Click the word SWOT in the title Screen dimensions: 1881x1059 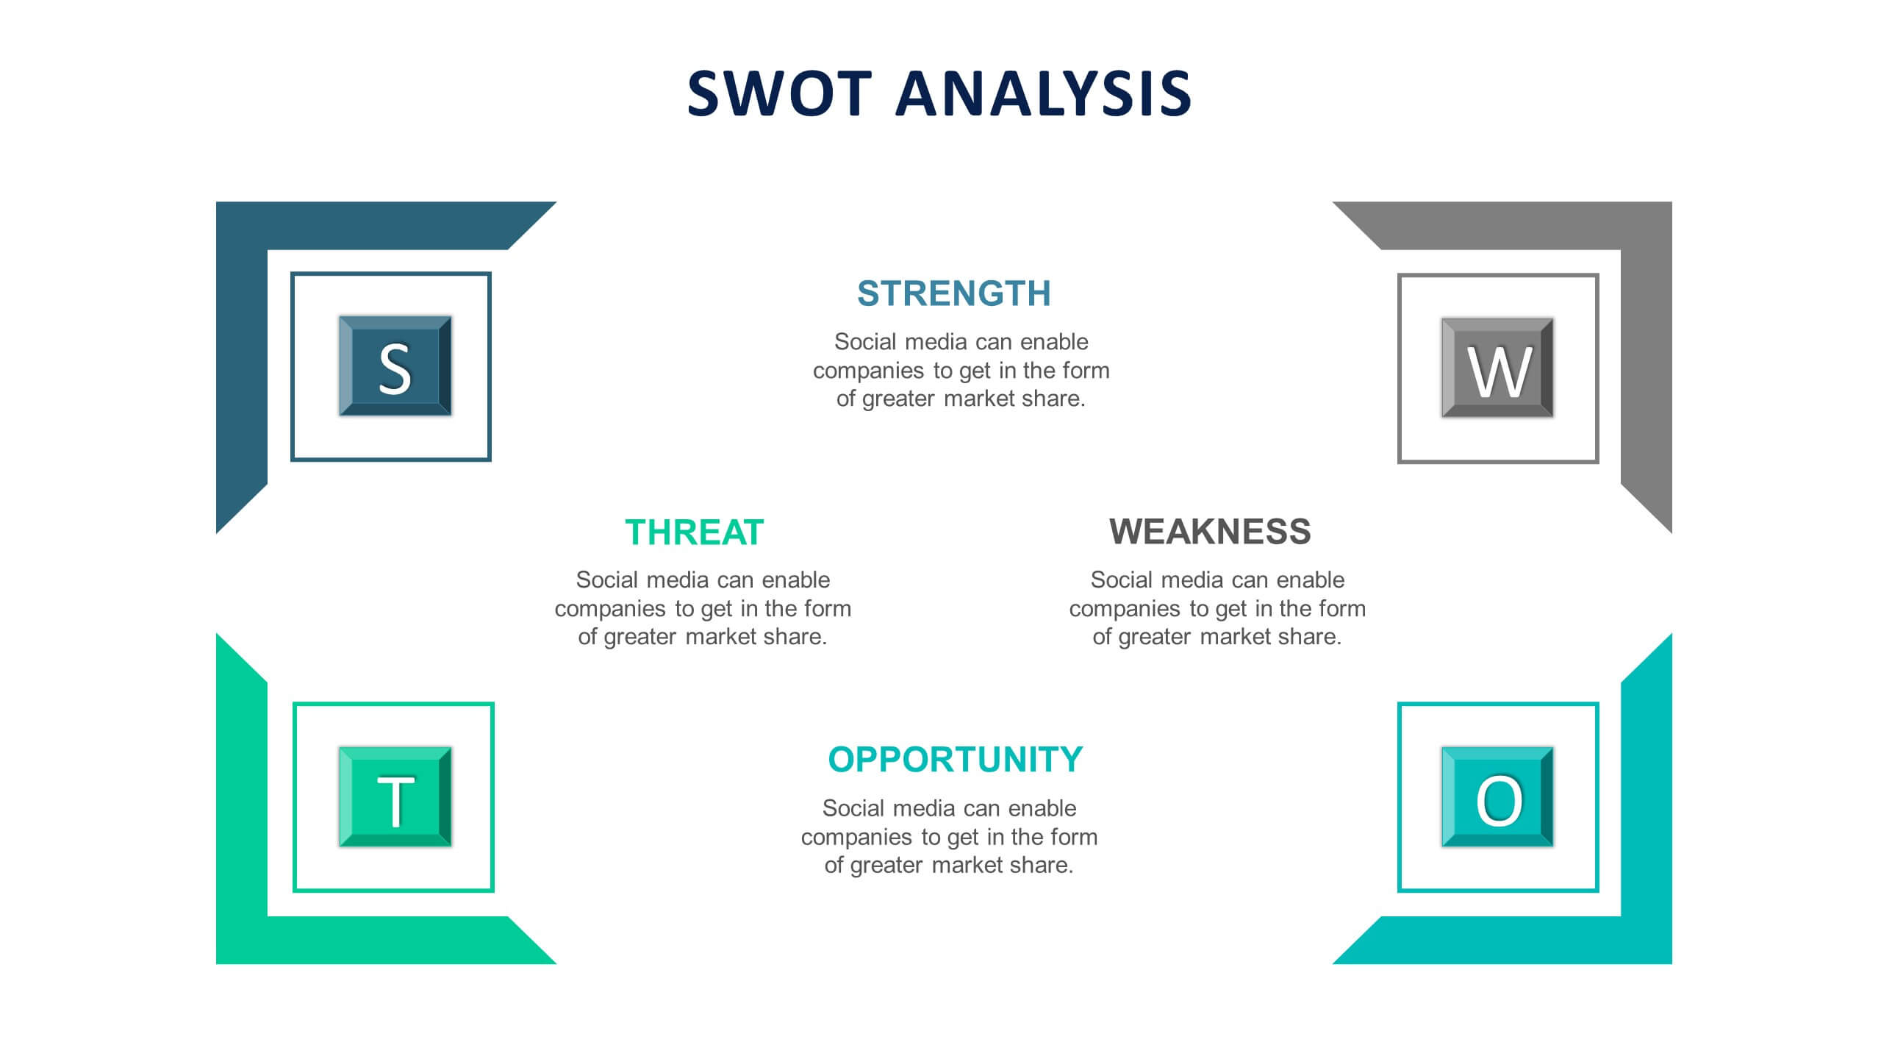click(x=779, y=93)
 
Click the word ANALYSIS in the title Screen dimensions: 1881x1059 click(x=1043, y=93)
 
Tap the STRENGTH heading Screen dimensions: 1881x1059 click(x=954, y=293)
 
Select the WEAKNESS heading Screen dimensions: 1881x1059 click(x=1210, y=532)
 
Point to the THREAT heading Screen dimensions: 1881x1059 click(x=695, y=532)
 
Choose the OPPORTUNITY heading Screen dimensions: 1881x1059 click(x=956, y=760)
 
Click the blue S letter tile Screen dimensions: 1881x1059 click(x=395, y=366)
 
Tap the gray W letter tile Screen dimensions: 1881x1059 click(x=1497, y=368)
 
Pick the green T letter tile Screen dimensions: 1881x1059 click(x=395, y=797)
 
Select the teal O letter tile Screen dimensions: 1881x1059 click(x=1497, y=797)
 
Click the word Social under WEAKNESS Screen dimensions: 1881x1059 click(x=1122, y=580)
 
